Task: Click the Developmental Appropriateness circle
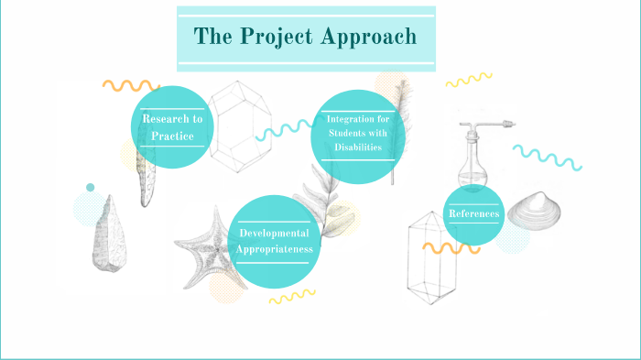[277, 240]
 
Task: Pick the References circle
[473, 214]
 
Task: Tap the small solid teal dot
[90, 188]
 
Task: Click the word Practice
[172, 136]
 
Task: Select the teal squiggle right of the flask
[547, 158]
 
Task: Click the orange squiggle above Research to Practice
[130, 85]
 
